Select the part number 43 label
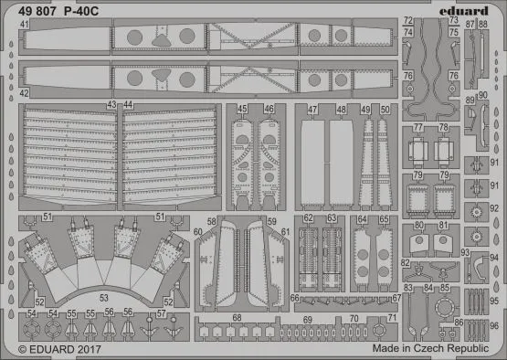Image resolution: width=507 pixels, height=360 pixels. [112, 106]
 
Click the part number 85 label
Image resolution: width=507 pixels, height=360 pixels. [444, 289]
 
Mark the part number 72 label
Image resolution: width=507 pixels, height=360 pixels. [408, 20]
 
